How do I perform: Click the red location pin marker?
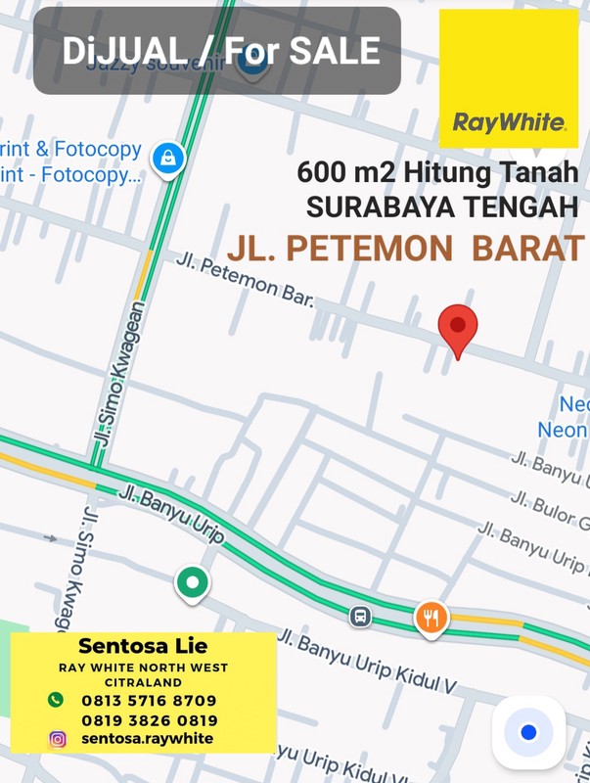pos(457,328)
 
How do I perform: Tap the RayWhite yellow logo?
pos(508,78)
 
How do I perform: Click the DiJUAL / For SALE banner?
pos(218,51)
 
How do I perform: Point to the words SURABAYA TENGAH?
pos(442,208)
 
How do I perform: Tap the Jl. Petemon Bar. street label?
pos(245,280)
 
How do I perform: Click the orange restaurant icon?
pos(431,617)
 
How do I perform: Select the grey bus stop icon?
pos(360,617)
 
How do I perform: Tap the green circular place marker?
pos(192,582)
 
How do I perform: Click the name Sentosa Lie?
pos(143,647)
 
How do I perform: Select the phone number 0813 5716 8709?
pos(149,701)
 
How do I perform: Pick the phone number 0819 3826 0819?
pos(149,720)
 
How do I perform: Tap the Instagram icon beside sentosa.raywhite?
pos(57,739)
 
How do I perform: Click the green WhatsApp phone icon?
pos(56,700)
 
